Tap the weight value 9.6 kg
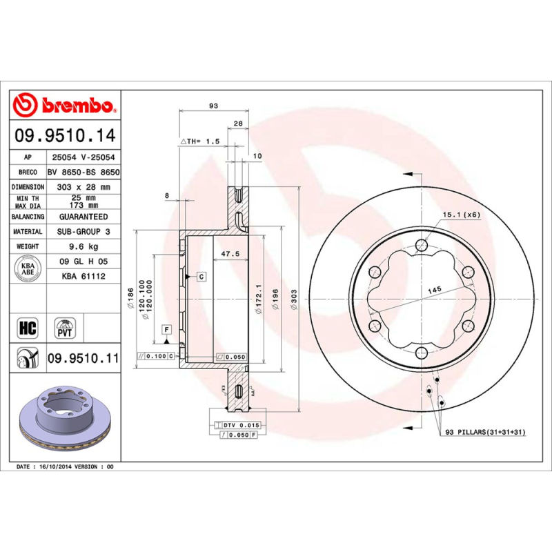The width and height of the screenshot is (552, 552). [x=83, y=247]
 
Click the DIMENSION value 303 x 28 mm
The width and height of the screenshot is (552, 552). [x=83, y=187]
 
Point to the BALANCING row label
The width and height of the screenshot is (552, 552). [x=29, y=217]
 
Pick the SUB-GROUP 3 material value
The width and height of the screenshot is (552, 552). [x=83, y=232]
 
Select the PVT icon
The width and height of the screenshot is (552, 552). [x=65, y=327]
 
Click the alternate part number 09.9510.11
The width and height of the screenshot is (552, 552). [x=83, y=359]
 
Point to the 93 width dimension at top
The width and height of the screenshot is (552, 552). [x=213, y=106]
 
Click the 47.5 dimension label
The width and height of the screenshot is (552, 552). [x=229, y=254]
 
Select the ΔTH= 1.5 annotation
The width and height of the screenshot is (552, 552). [x=200, y=141]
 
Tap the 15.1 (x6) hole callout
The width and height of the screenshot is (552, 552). [x=461, y=214]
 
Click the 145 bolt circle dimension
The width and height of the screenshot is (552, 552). [x=433, y=290]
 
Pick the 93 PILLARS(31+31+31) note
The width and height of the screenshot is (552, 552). [x=485, y=432]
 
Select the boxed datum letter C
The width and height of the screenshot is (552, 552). [x=201, y=277]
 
